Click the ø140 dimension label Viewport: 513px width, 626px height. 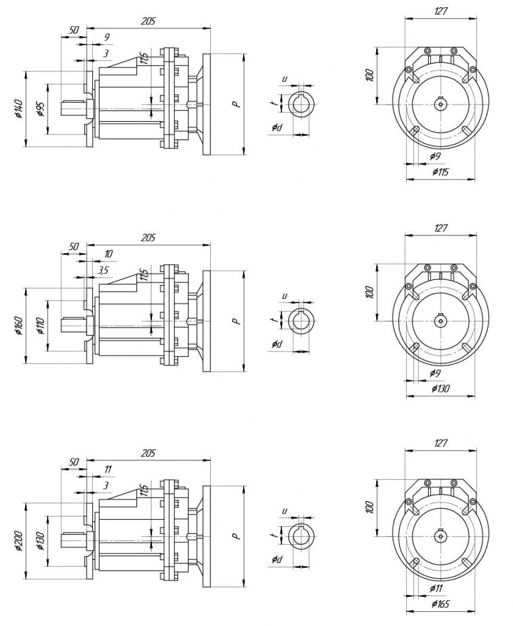coord(18,108)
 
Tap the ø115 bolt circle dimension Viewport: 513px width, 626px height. coord(440,172)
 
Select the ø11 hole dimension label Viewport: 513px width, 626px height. coord(437,588)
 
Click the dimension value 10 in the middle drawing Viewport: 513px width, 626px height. coord(108,254)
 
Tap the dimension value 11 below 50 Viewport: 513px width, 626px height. coord(108,469)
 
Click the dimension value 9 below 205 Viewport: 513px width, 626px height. coord(107,37)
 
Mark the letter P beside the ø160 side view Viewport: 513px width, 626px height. coord(235,321)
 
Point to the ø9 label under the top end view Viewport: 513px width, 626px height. coord(435,156)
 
